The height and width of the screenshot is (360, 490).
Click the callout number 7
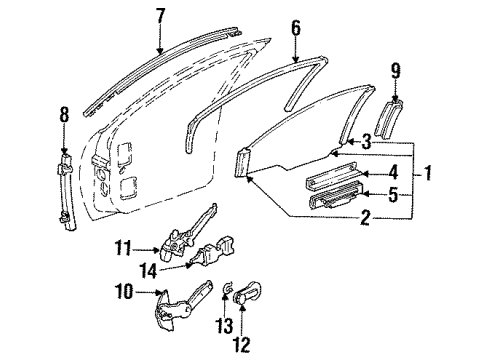click(x=160, y=15)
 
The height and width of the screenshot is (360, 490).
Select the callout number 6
click(x=295, y=28)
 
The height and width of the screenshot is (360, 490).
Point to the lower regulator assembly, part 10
click(x=180, y=305)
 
